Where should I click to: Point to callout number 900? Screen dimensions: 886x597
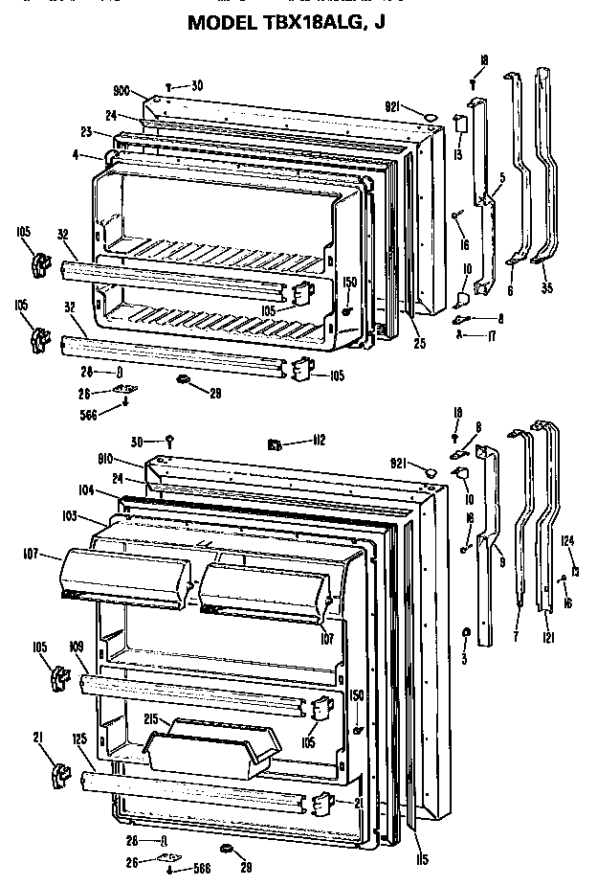[122, 90]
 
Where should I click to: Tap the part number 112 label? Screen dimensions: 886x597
[319, 442]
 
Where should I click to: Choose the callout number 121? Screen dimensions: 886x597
[547, 638]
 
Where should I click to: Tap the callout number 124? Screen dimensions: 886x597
[568, 541]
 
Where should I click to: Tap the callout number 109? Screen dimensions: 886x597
[77, 647]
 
